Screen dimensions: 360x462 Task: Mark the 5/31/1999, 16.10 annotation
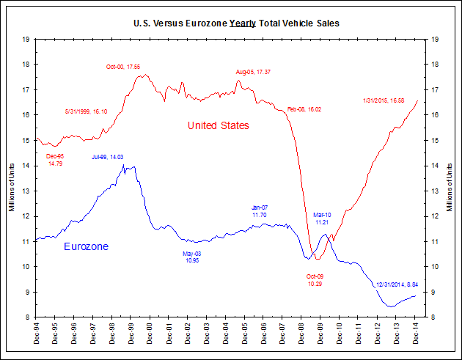coord(87,111)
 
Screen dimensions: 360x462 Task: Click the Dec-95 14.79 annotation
coord(56,160)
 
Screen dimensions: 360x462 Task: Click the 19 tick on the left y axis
coord(26,39)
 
